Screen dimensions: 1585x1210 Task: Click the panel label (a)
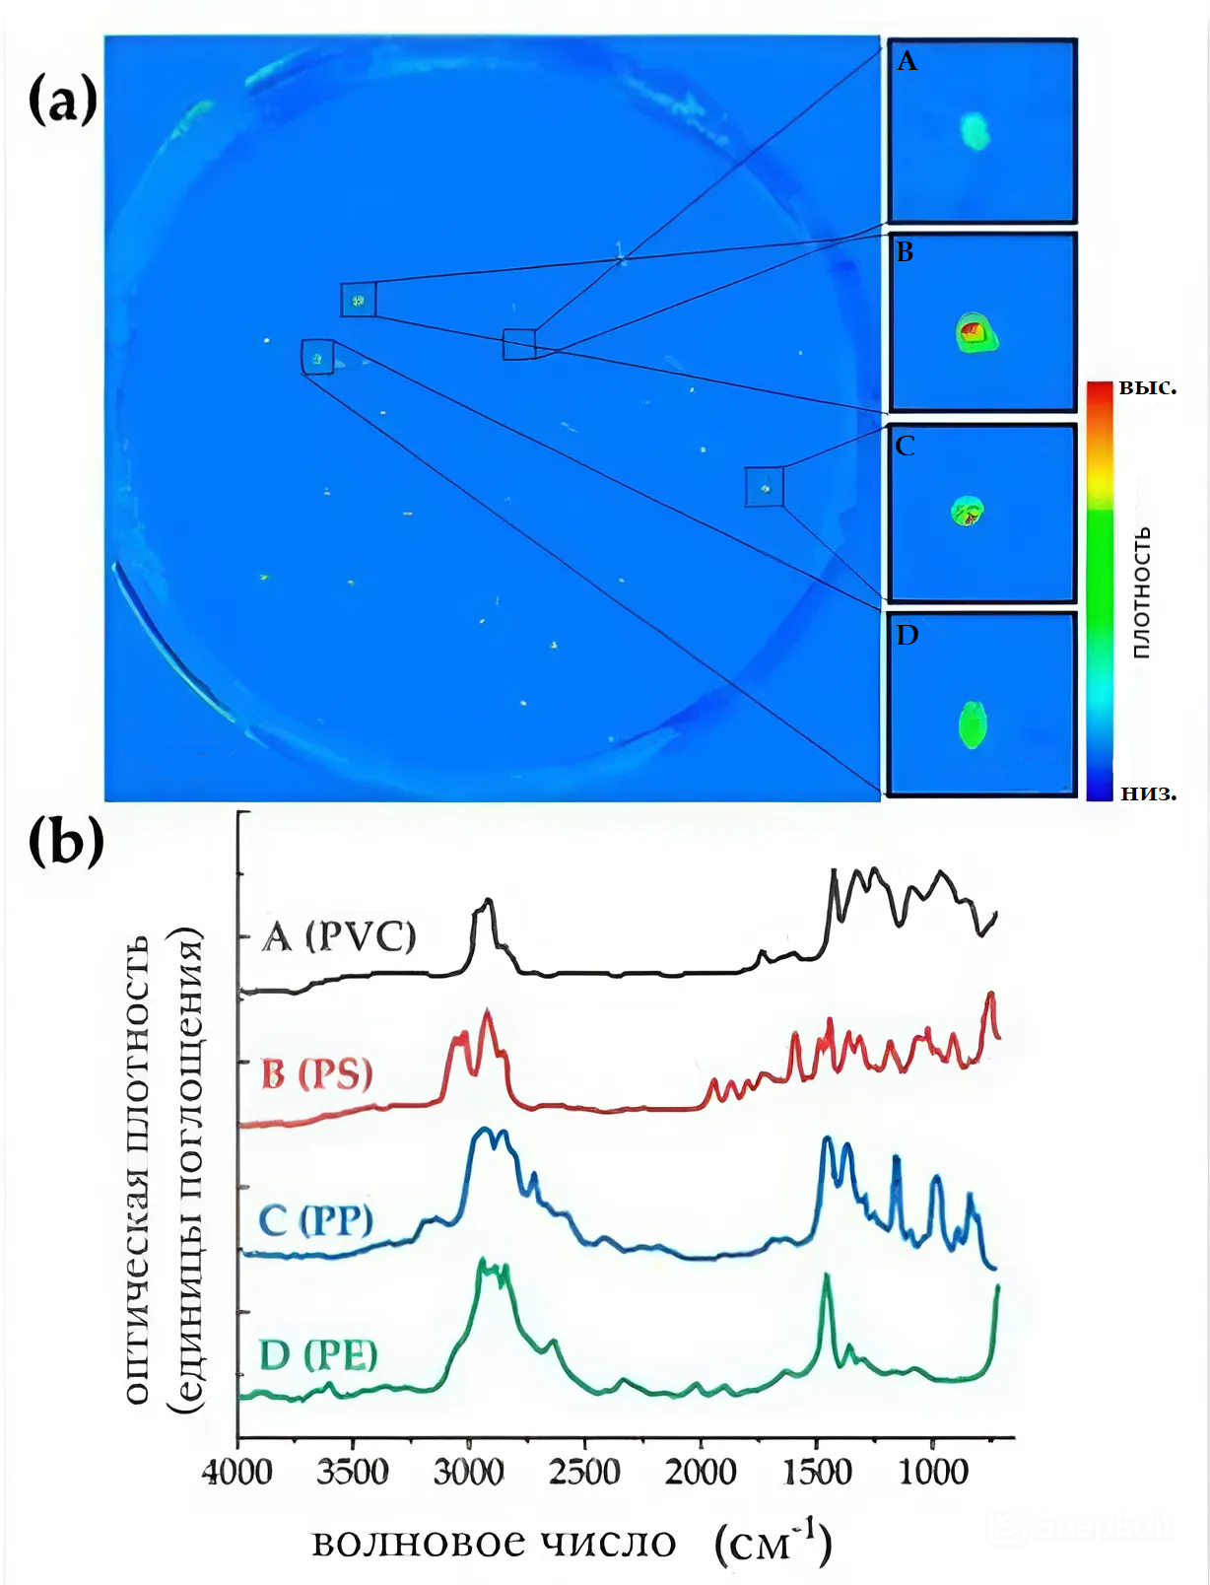[63, 101]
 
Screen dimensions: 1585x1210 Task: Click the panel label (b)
[65, 841]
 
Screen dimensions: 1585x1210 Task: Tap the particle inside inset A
[975, 131]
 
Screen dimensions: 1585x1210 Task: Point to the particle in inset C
[968, 512]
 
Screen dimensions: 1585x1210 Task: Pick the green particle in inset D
[973, 724]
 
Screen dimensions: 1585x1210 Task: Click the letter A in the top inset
[907, 62]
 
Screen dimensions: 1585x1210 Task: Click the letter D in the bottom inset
[907, 636]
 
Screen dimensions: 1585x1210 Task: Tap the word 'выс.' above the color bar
[1147, 386]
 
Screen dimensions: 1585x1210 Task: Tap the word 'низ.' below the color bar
[1148, 792]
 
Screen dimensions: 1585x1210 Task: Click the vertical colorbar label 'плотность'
[1141, 592]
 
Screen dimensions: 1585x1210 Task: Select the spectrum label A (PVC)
[339, 935]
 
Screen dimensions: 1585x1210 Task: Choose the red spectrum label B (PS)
[316, 1073]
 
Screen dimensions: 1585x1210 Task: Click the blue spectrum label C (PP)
[315, 1220]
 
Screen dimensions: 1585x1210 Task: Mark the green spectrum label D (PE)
[317, 1356]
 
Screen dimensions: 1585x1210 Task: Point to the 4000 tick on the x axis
[237, 1472]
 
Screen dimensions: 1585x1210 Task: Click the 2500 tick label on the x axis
[584, 1472]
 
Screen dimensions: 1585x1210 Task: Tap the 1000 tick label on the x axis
[932, 1472]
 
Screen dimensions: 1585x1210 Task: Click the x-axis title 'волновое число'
[494, 1544]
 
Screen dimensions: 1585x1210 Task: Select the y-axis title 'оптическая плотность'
[137, 1168]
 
